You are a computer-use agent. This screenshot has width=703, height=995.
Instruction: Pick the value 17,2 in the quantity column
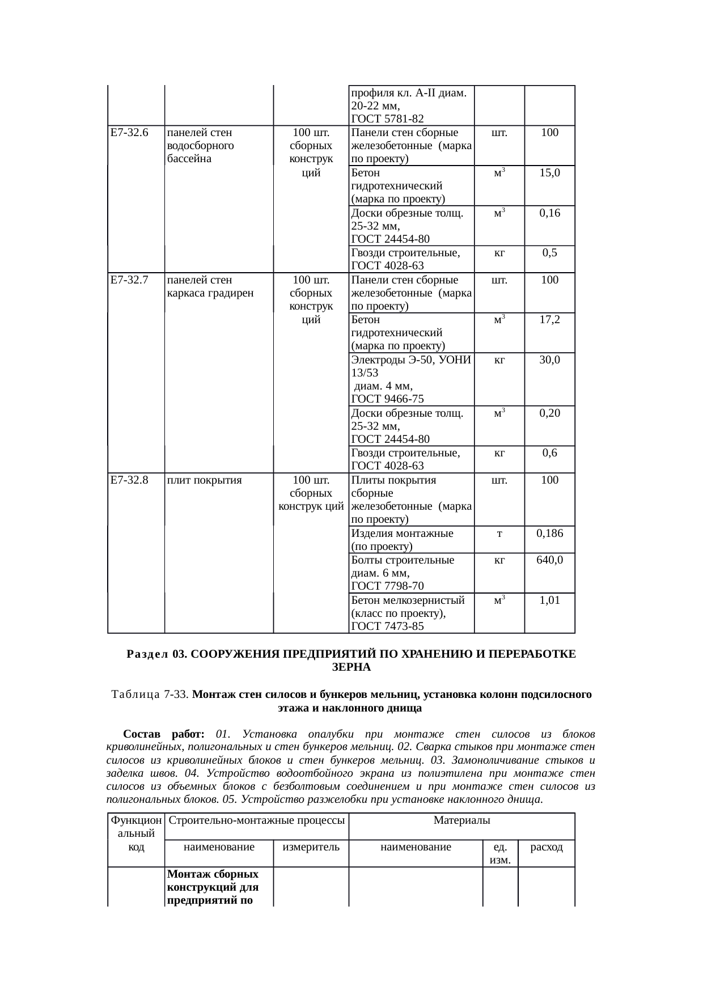[x=549, y=320]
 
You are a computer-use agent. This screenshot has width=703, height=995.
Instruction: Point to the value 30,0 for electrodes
[x=549, y=360]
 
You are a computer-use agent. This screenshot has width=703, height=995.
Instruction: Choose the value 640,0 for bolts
[x=549, y=560]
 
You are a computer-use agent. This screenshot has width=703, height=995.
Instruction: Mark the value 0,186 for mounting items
[x=549, y=534]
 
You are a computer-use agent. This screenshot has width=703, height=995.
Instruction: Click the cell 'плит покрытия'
[x=205, y=480]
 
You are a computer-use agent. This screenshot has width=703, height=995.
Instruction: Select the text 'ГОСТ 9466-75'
[x=387, y=399]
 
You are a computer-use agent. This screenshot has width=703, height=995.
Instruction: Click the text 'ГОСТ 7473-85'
[x=387, y=626]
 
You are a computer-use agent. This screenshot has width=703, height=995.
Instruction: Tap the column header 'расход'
[x=546, y=848]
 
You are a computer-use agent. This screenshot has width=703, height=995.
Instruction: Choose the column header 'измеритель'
[x=311, y=848]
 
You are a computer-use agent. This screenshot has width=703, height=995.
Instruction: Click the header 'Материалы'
[x=461, y=820]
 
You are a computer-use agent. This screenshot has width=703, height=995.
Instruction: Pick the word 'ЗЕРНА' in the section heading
[x=351, y=667]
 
